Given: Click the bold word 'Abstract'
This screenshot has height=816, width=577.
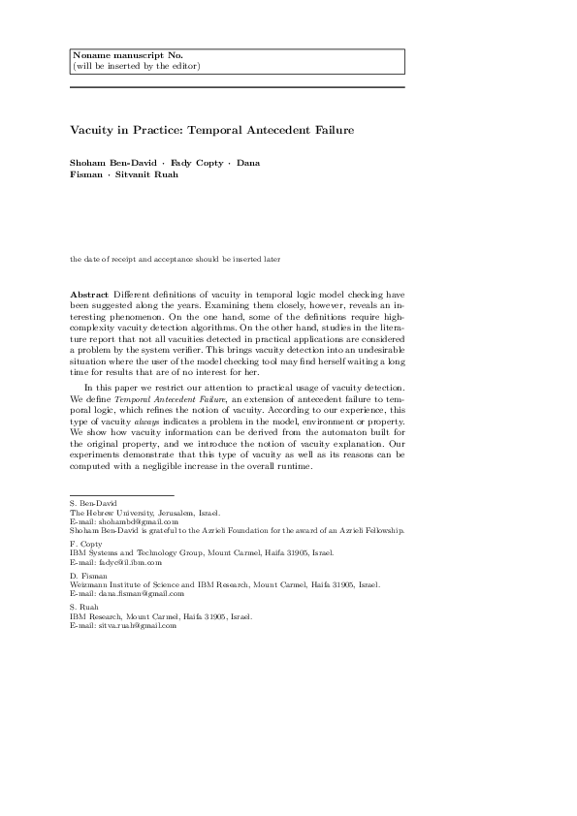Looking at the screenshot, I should pyautogui.click(x=91, y=294).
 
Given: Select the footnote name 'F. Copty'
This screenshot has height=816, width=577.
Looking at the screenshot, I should pyautogui.click(x=85, y=545).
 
